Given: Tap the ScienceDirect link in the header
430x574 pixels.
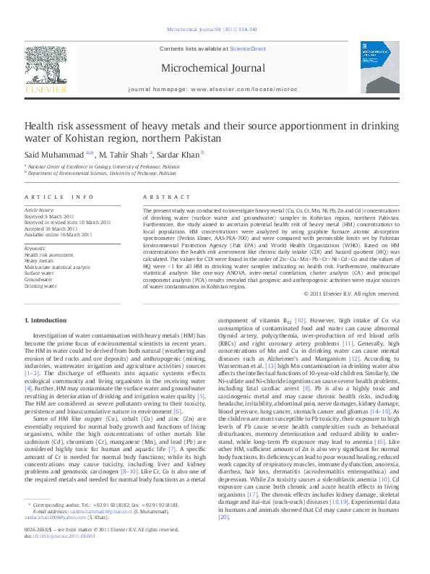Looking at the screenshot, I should coord(248,49).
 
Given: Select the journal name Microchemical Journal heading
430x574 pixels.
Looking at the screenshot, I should coord(214,69).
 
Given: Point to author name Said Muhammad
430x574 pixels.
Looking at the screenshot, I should coord(46,153).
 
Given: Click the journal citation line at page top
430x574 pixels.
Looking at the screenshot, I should coord(212,30).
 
